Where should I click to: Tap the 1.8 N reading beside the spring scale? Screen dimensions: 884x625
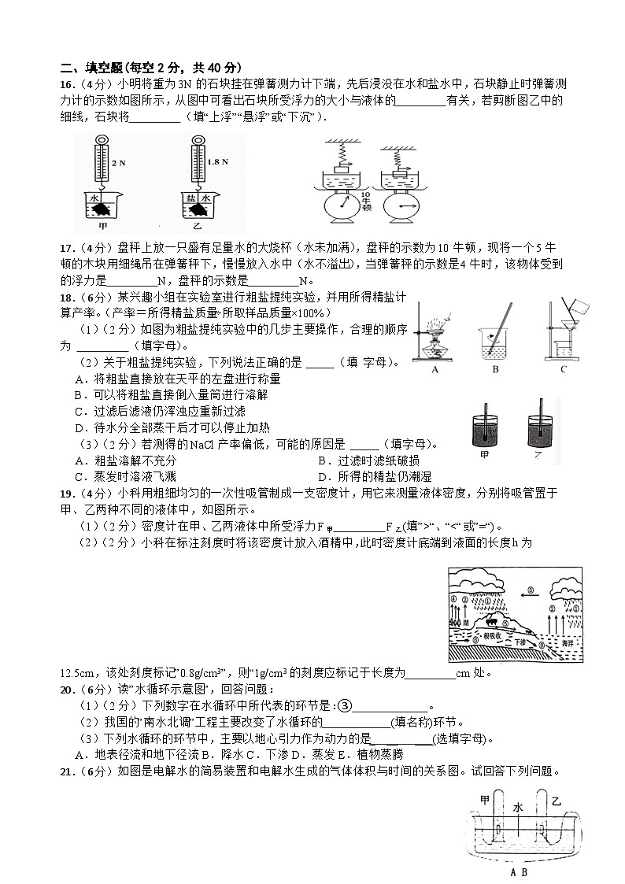point(216,162)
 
